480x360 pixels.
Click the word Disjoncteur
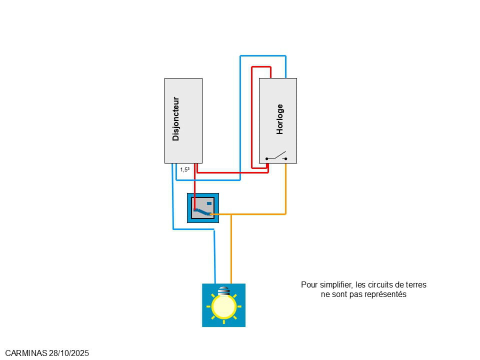click(175, 118)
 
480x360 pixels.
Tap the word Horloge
click(280, 119)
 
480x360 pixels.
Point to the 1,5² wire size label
click(184, 170)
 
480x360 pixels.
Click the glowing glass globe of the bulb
click(223, 306)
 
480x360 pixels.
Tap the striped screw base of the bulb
click(223, 290)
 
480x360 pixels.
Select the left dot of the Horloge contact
click(266, 158)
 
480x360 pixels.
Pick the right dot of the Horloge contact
click(286, 158)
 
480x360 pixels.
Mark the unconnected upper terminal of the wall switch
click(209, 203)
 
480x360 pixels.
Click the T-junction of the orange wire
click(231, 214)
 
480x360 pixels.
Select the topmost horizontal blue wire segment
click(262, 56)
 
